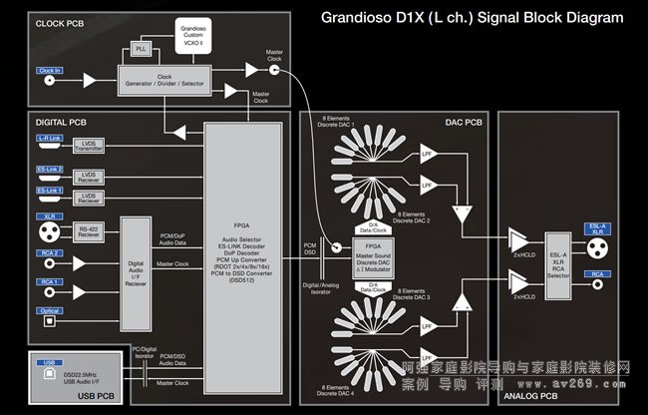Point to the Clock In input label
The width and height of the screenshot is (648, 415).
click(x=50, y=71)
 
